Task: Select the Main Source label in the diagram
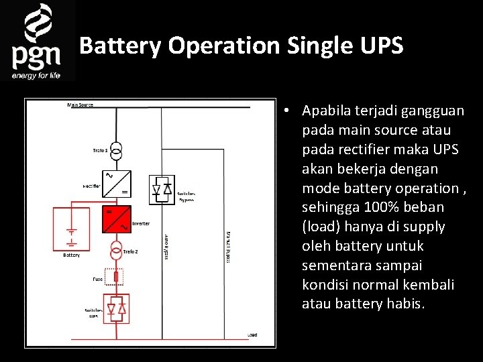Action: coord(80,105)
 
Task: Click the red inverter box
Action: coord(117,219)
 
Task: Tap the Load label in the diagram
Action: coord(252,334)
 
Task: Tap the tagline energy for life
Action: coord(36,75)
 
